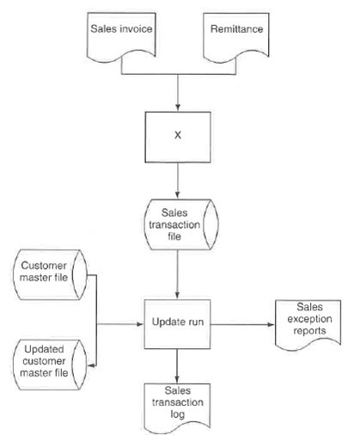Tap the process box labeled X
(x=176, y=137)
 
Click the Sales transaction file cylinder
(x=176, y=225)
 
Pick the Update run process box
(x=176, y=324)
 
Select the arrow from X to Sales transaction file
(x=176, y=182)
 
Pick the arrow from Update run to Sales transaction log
(x=176, y=366)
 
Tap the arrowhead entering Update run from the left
(x=137, y=324)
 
